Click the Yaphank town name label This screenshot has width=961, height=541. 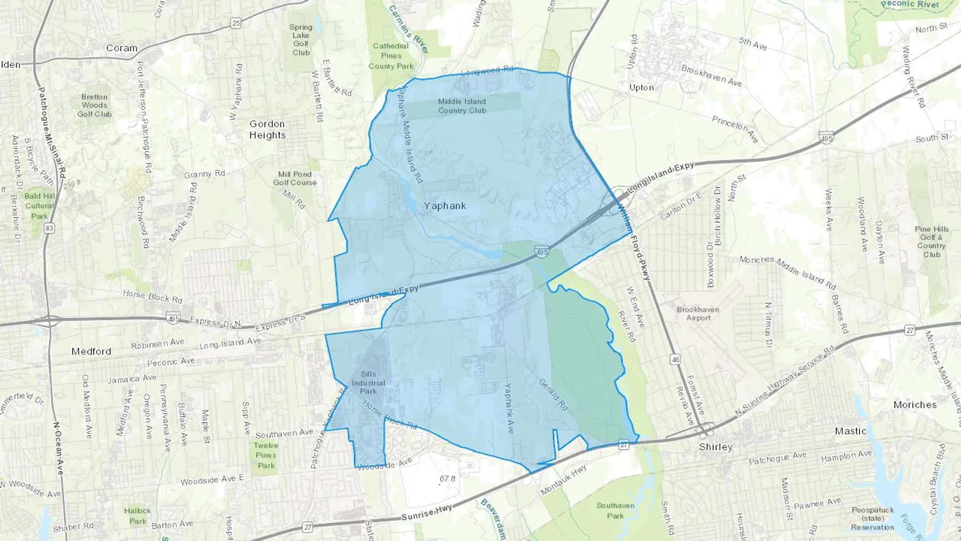[445, 206]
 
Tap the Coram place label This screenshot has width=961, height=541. [122, 48]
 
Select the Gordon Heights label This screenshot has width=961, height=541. [267, 129]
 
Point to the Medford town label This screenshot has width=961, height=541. [91, 351]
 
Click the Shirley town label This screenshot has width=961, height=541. [716, 447]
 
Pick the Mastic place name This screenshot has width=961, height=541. [850, 431]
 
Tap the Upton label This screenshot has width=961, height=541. [641, 88]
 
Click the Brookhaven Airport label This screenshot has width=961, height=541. [698, 313]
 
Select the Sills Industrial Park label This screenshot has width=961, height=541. [368, 382]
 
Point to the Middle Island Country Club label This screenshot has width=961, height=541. [462, 106]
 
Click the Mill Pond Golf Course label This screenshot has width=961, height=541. [295, 178]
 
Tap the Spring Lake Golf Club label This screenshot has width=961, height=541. [301, 40]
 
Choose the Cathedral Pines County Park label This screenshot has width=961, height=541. [391, 56]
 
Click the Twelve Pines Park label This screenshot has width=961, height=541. [266, 455]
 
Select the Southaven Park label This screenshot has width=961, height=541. [616, 511]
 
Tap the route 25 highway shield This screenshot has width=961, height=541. [236, 23]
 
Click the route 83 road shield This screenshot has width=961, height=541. [50, 228]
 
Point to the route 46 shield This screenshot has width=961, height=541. [676, 359]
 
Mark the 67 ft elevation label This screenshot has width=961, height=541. [447, 479]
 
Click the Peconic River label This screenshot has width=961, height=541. [910, 4]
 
